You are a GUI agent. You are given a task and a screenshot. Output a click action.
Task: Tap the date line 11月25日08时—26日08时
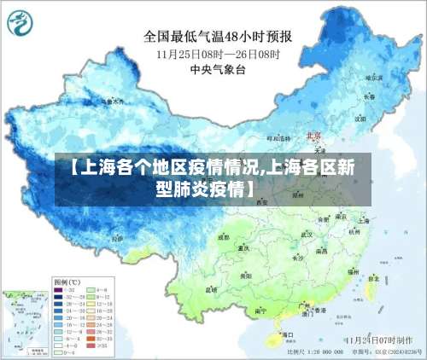pos(218,53)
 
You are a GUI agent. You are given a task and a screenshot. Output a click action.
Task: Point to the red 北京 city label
pos(313,136)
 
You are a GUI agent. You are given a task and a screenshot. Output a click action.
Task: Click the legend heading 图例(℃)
pos(67,281)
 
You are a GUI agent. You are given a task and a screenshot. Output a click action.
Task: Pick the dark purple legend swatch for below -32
pos(60,290)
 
